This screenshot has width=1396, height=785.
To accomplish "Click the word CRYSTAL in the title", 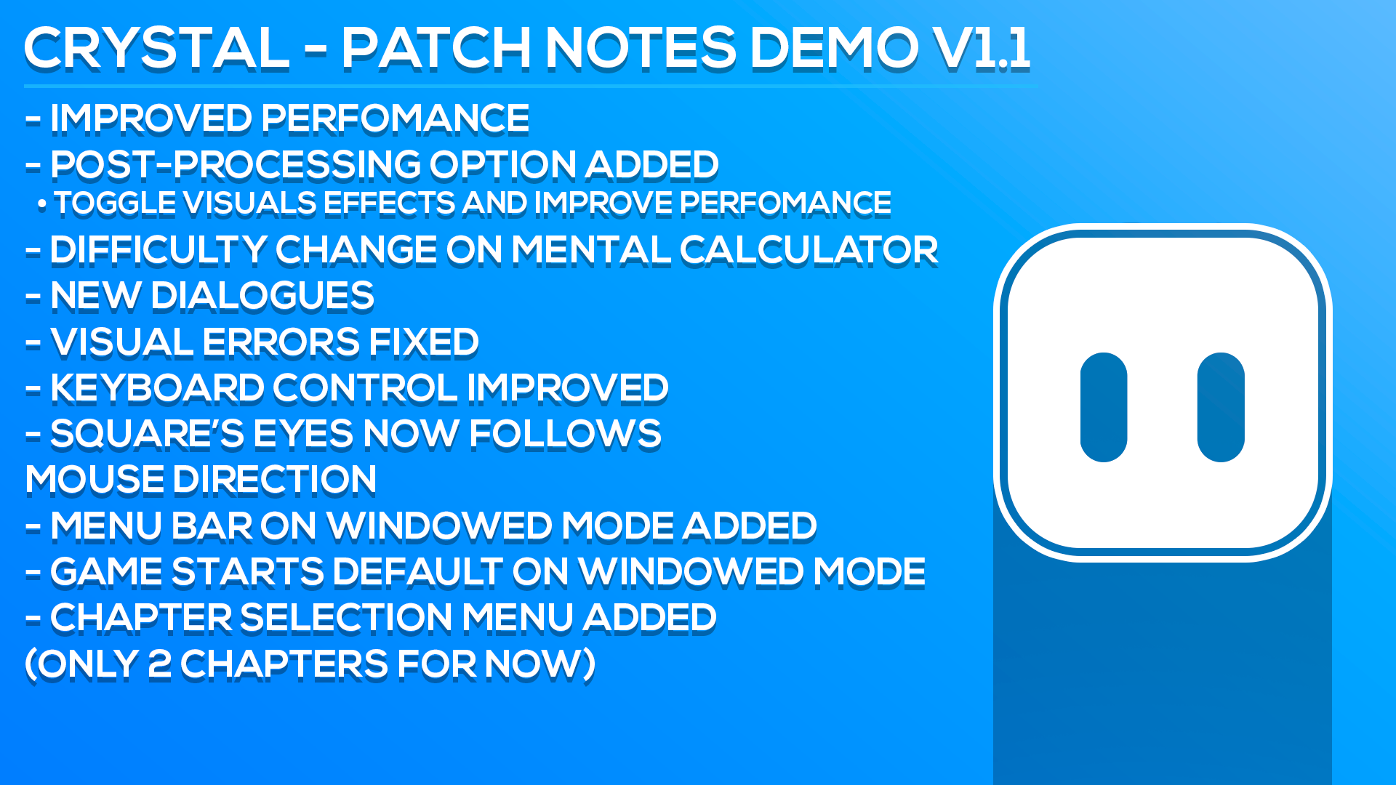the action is point(157,48).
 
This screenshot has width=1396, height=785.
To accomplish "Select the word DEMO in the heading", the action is point(834,48).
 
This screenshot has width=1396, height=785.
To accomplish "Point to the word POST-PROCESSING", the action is point(236,164).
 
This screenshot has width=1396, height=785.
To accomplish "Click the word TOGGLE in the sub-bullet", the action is point(116,204).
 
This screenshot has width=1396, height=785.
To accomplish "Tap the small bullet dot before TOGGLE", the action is point(42,206).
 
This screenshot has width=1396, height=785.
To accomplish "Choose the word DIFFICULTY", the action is point(159,250).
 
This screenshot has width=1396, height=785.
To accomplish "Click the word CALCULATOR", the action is point(809,250).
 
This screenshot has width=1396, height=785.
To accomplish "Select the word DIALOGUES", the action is point(262,296).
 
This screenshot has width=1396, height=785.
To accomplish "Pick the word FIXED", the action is point(423,342).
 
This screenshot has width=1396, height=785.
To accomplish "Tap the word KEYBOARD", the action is point(157,388).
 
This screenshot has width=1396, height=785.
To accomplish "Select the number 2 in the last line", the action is point(159,664).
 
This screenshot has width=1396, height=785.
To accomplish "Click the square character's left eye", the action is point(1104,408).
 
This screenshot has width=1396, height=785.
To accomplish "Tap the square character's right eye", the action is point(1221,408).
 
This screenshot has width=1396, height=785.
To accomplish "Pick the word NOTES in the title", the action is point(641,48).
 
